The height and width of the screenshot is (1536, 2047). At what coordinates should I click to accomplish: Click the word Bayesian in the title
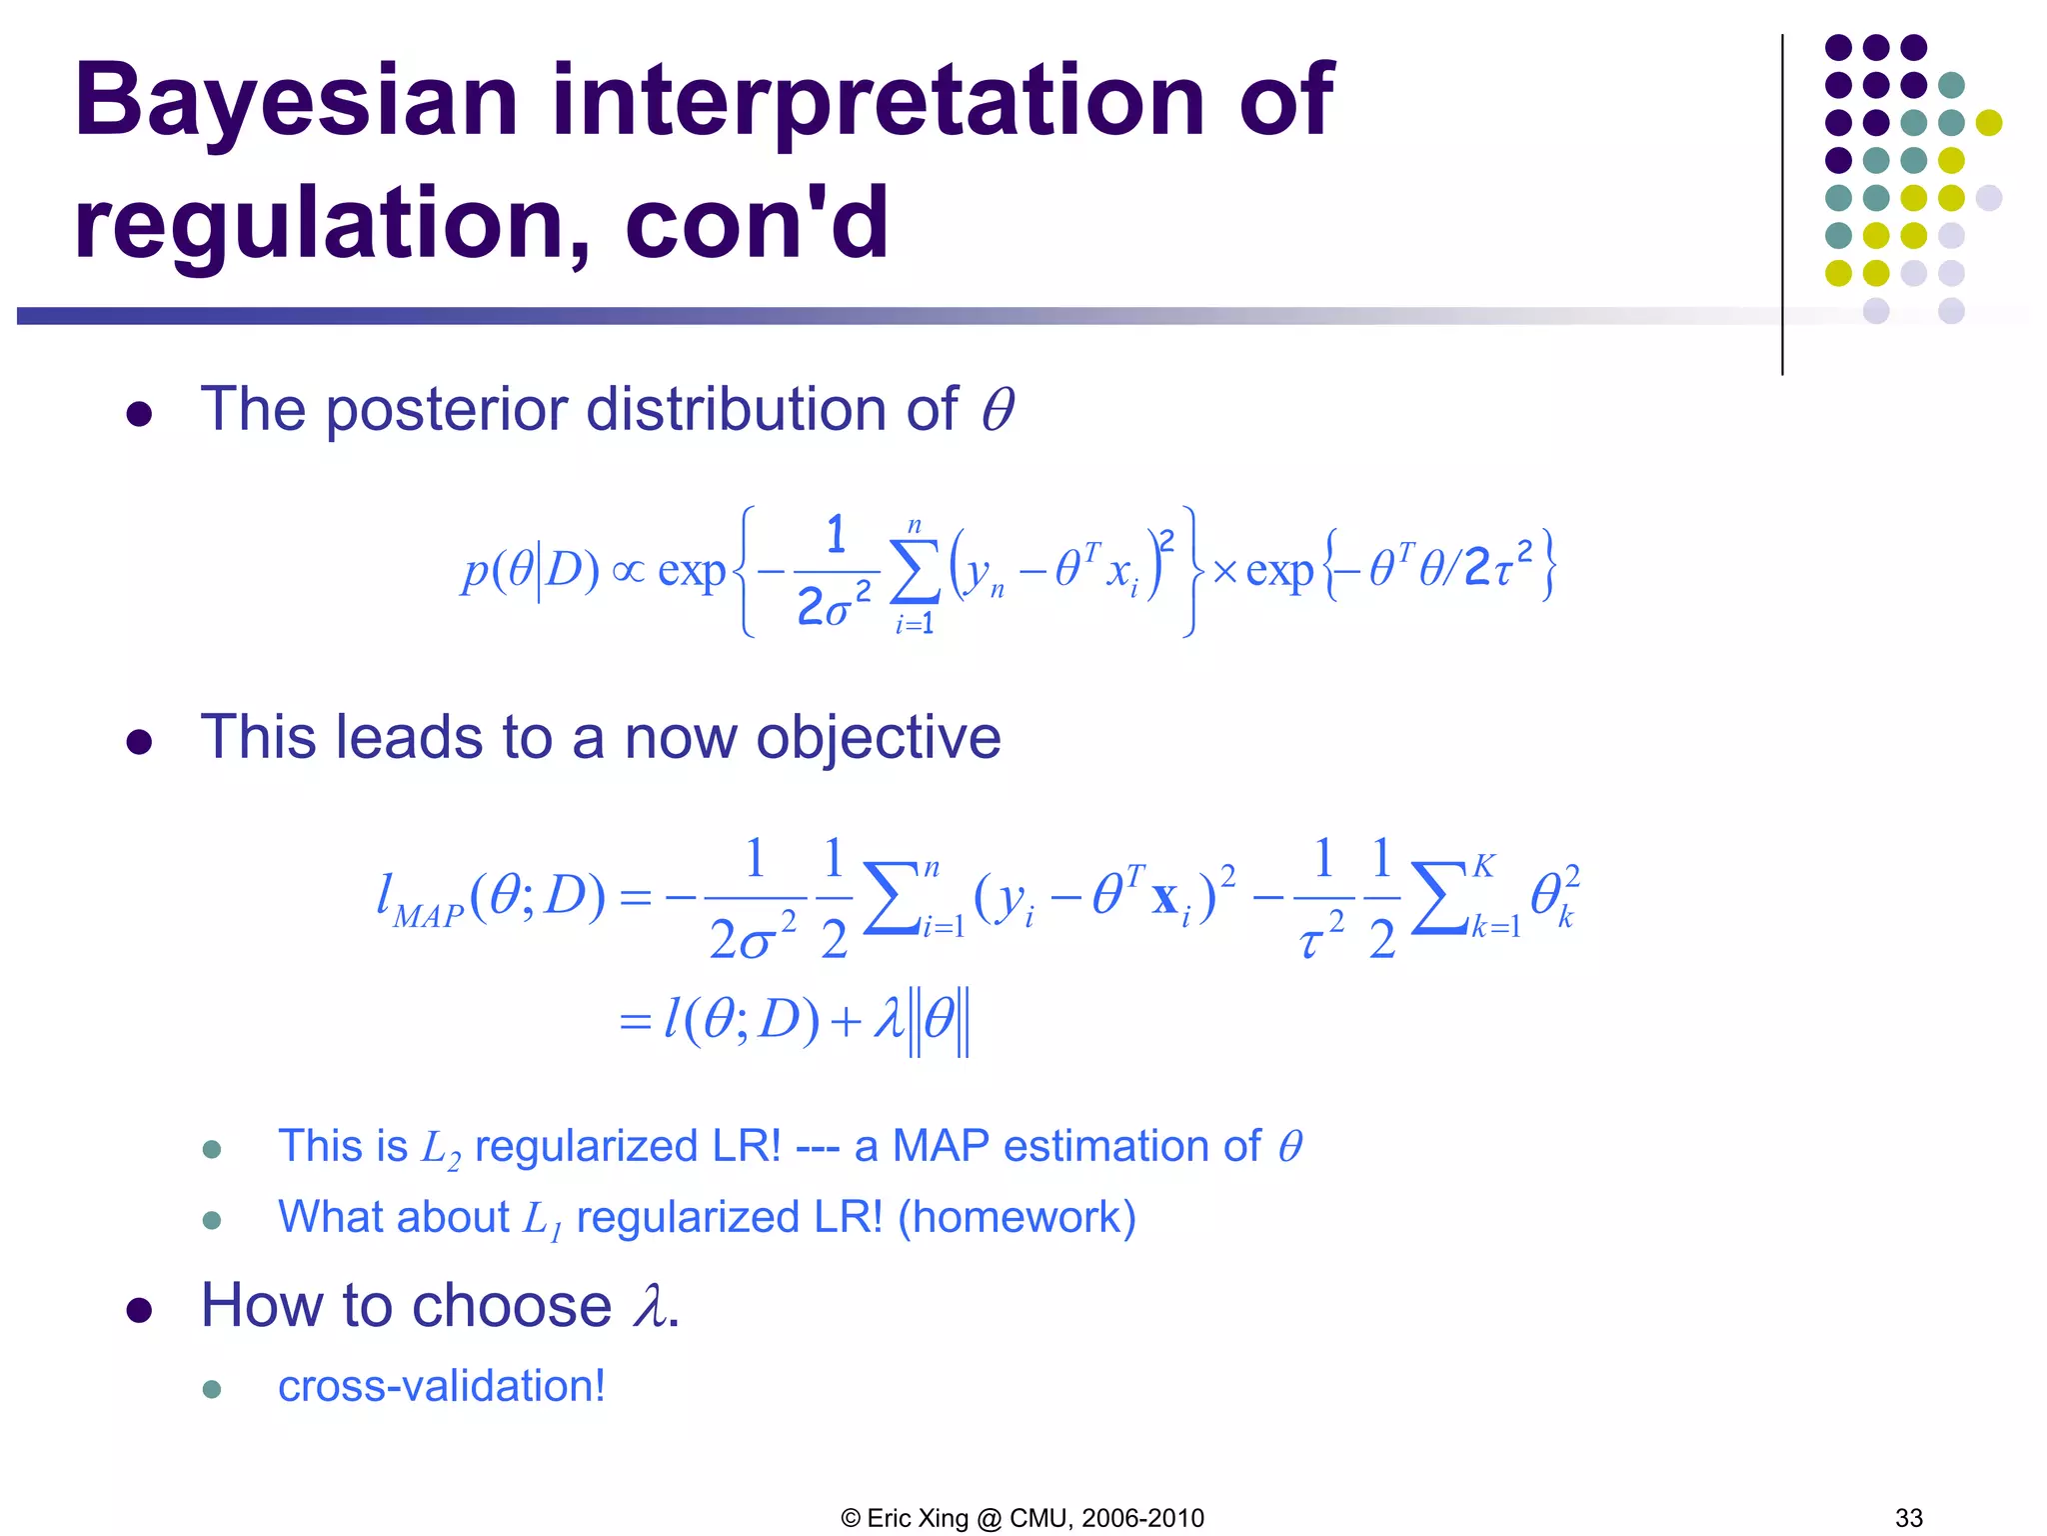[x=296, y=102]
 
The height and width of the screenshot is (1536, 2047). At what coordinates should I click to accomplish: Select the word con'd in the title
[x=757, y=224]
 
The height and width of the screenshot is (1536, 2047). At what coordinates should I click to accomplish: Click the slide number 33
[x=1908, y=1518]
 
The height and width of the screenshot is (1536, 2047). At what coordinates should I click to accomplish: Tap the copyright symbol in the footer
[x=851, y=1518]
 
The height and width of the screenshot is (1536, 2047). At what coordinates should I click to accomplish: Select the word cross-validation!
[x=442, y=1386]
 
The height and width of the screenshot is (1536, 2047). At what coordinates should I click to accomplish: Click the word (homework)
[x=1017, y=1217]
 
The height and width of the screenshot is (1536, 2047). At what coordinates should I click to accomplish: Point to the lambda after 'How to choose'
[x=651, y=1306]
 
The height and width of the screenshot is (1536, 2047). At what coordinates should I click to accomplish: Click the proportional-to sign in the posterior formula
[x=628, y=571]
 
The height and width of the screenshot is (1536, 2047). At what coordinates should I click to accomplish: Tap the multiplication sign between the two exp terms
[x=1224, y=572]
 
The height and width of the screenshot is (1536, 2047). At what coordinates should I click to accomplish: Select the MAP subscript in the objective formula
[x=428, y=915]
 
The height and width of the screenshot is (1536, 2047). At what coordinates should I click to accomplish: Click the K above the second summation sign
[x=1483, y=866]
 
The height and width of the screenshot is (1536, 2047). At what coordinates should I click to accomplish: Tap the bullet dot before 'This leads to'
[x=139, y=742]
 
